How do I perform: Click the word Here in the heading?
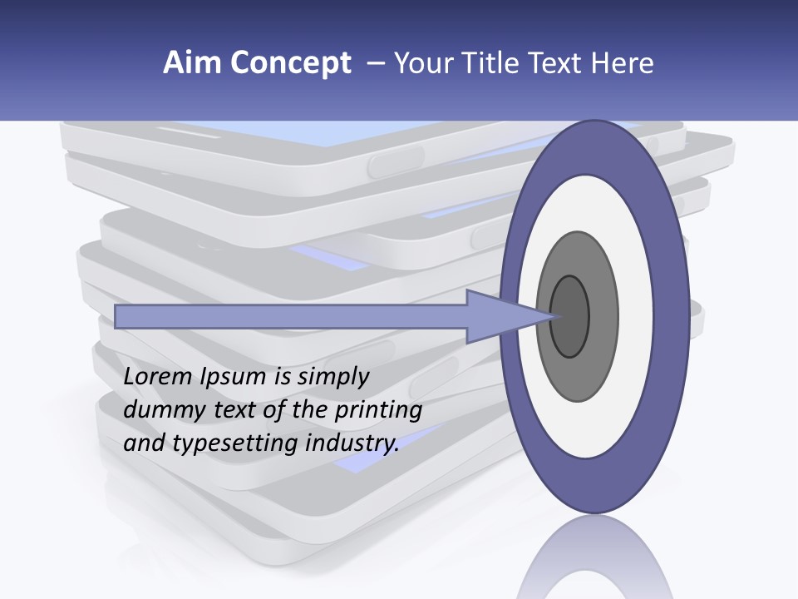point(622,63)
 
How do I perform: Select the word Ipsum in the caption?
point(233,378)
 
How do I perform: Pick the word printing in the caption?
point(377,411)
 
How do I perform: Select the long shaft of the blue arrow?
point(291,316)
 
